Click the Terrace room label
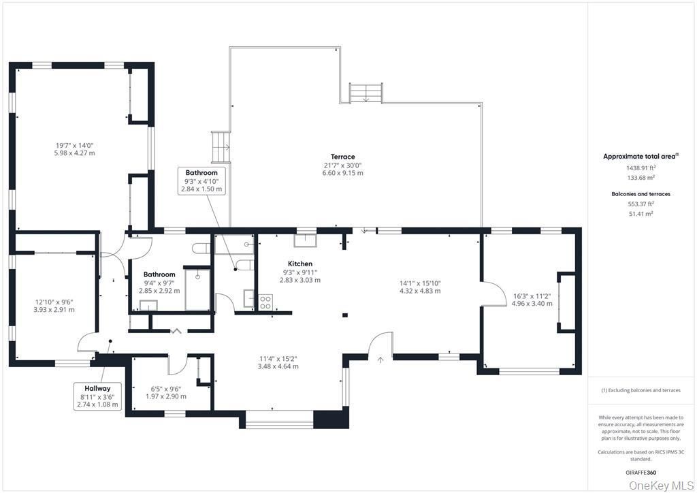(x=342, y=157)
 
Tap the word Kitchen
(x=300, y=264)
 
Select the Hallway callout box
(x=98, y=396)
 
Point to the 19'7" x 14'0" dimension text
(x=75, y=144)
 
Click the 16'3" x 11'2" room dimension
(x=532, y=296)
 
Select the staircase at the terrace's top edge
(x=366, y=93)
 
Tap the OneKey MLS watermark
(x=662, y=485)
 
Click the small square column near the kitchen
(x=345, y=315)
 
